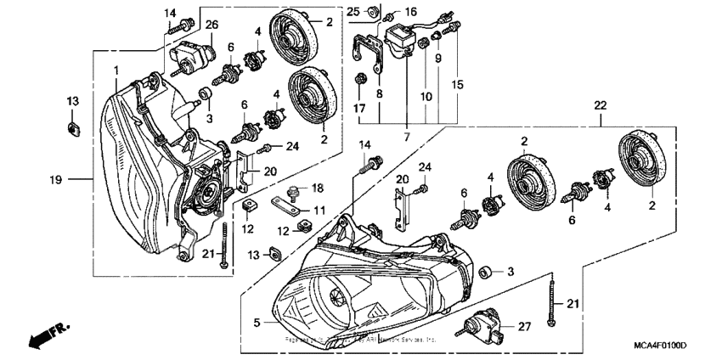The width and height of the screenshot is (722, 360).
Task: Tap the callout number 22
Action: [x=601, y=104]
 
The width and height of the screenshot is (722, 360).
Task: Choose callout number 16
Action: [x=410, y=11]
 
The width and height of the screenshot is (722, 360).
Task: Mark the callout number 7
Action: [x=407, y=137]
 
